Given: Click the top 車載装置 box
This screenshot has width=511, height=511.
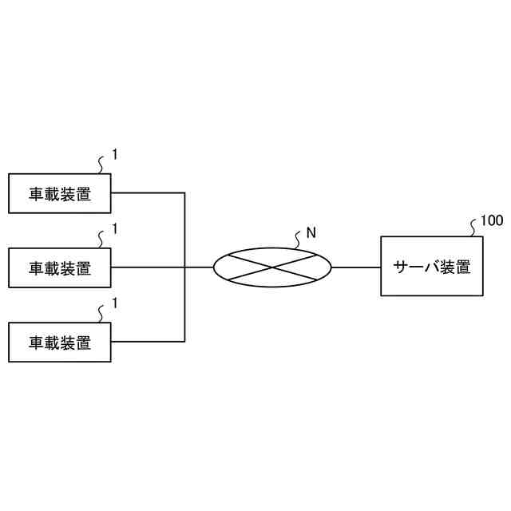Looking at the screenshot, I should coord(60,193).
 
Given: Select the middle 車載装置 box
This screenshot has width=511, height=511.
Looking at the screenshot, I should coord(60,267).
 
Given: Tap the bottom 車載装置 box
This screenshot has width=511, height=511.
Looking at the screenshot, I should coord(60,343).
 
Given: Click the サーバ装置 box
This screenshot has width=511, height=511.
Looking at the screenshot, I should coord(432,267).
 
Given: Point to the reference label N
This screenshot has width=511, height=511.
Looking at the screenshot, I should coord(311,233).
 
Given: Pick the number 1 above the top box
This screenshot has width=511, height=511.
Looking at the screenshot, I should coord(115,155).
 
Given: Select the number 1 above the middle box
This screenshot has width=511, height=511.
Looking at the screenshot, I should coord(115,229).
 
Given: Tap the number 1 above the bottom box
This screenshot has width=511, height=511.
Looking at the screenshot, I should coord(115,303).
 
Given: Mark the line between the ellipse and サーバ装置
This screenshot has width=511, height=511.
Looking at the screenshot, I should coord(356,267).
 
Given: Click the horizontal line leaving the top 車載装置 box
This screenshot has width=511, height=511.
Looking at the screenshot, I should coord(148,192).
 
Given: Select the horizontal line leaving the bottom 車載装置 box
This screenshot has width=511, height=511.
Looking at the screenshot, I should coord(148,341).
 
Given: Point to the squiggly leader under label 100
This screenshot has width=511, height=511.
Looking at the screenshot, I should coord(474,228).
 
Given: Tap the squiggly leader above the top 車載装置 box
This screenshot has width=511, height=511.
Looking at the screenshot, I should coord(101,164).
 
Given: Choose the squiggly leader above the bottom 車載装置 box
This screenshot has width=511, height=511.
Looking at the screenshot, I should coord(101,313).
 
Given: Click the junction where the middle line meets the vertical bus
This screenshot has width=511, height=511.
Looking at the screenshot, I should coord(185,267).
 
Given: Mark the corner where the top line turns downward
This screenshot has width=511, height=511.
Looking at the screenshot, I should coord(185,192).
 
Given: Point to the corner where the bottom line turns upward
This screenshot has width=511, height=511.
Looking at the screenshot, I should coord(185,341).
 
